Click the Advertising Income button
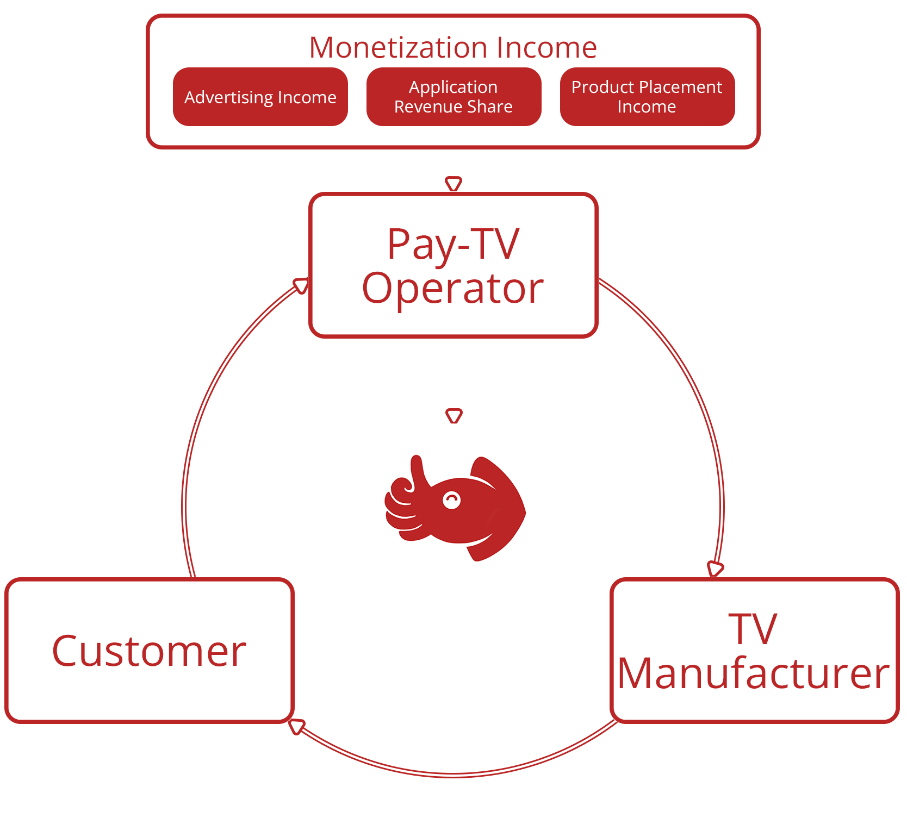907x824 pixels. coord(260,97)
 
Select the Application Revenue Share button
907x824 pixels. coord(453,97)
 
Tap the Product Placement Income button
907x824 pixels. coord(647,97)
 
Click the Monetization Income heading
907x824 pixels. coord(453,47)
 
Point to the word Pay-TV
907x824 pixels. coord(453,244)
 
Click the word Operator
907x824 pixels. coord(453,288)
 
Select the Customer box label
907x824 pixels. coord(149,651)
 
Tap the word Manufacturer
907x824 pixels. coord(754,673)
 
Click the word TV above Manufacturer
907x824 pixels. coord(753,629)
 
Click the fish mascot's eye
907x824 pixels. coord(451,500)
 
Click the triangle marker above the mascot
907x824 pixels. coord(454,416)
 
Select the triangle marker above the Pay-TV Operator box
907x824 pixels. coord(453,183)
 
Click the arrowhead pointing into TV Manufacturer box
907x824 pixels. coord(715,569)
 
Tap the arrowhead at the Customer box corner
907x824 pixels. coord(296,726)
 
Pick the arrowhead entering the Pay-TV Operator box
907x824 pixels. coord(301,285)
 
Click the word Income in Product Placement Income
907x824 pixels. coord(647,107)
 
